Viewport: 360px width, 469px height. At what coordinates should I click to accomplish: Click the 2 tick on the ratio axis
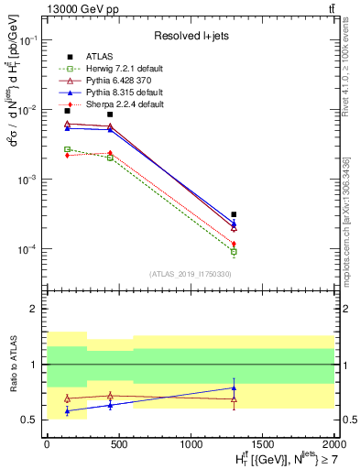click(34, 309)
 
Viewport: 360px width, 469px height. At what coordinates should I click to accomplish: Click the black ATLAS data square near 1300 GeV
click(234, 214)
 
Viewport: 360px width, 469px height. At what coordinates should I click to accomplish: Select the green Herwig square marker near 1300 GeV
click(234, 251)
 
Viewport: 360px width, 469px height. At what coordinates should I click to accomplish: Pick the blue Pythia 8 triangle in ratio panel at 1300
click(234, 387)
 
